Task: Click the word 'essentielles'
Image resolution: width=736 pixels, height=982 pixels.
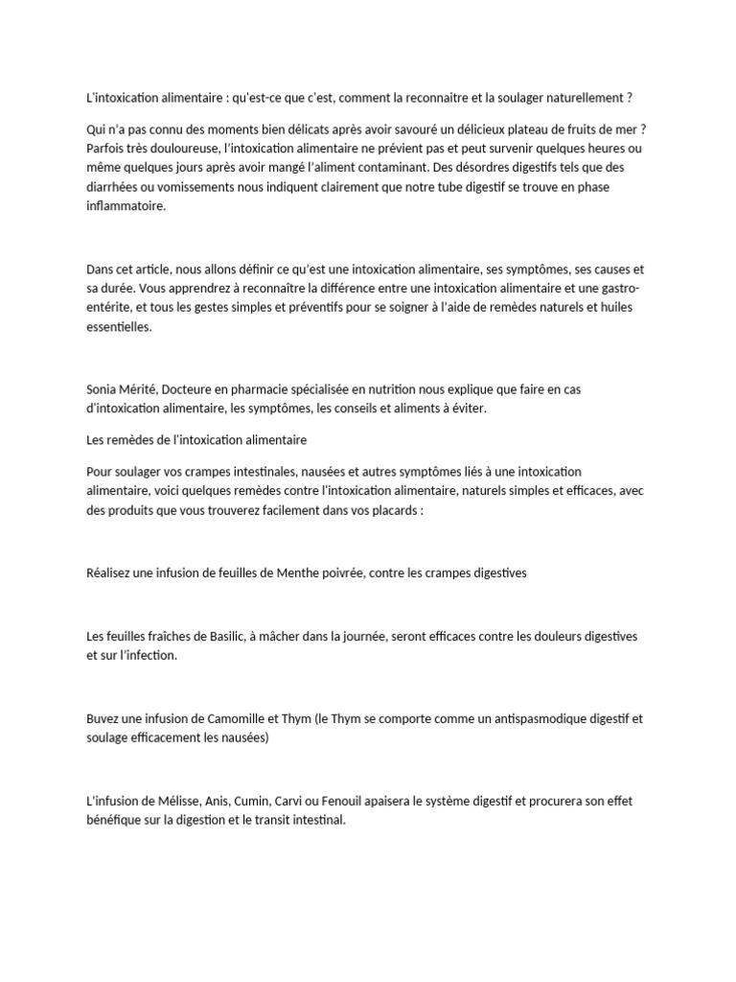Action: pos(118,327)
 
